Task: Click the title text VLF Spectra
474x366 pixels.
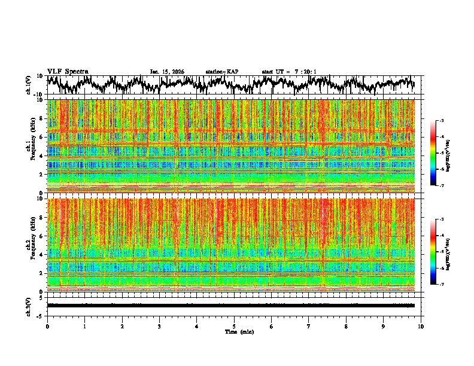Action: coord(68,72)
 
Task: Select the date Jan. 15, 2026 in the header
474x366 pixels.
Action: coord(167,72)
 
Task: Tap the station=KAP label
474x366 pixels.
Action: coord(221,72)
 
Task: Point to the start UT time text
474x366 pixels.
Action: coord(289,72)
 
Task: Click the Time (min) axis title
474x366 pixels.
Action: coord(239,331)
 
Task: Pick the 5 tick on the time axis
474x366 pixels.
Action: coord(234,327)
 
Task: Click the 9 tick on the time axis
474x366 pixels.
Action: coord(384,327)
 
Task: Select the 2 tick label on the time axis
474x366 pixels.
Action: coord(122,327)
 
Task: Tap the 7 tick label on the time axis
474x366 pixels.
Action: coord(309,327)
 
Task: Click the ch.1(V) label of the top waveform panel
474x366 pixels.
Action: coord(29,85)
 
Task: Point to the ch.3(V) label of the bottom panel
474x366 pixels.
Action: coord(29,305)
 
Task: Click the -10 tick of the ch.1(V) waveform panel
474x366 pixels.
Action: coord(38,94)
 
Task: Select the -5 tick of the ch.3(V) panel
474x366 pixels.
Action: coord(39,315)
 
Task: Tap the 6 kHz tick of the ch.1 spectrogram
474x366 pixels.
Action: coord(41,137)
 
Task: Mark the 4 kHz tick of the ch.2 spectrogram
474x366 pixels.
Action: coord(41,255)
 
